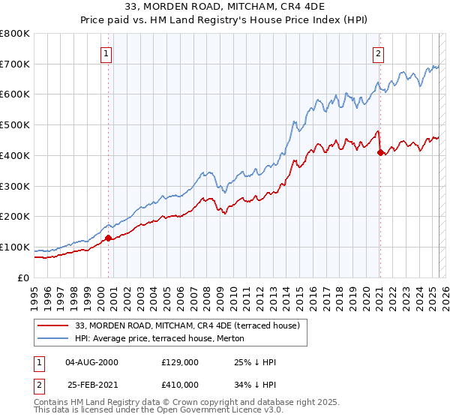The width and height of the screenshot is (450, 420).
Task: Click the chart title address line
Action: tap(225, 8)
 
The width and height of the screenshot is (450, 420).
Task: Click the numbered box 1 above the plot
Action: tap(107, 53)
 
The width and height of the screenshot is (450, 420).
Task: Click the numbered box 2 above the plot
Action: tap(379, 53)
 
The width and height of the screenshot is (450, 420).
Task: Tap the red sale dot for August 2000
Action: tap(108, 238)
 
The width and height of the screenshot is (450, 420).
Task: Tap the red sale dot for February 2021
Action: tap(380, 152)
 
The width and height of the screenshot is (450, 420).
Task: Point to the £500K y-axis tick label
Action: tap(15, 125)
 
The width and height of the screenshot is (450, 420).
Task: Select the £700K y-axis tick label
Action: tap(15, 64)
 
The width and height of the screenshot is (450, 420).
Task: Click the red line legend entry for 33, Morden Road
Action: tap(187, 325)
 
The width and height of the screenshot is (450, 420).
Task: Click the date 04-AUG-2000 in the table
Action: tap(91, 362)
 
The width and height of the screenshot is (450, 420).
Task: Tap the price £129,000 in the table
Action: tap(179, 362)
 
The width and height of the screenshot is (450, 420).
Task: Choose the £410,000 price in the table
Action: tap(179, 384)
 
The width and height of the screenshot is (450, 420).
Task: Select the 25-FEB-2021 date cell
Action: tap(91, 384)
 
